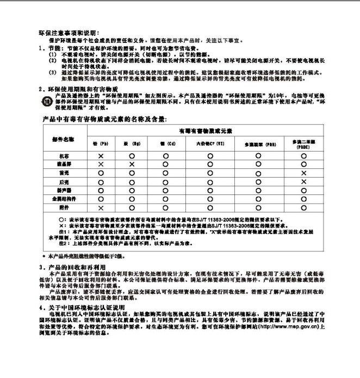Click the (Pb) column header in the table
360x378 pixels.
coord(101,144)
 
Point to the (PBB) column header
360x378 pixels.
coord(257,145)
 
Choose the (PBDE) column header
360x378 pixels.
coord(303,144)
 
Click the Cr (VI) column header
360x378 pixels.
coord(209,144)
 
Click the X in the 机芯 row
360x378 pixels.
coord(101,156)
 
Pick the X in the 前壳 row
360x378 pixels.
coord(303,173)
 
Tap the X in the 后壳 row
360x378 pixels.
coord(303,181)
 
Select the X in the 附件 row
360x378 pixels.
coord(101,207)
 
